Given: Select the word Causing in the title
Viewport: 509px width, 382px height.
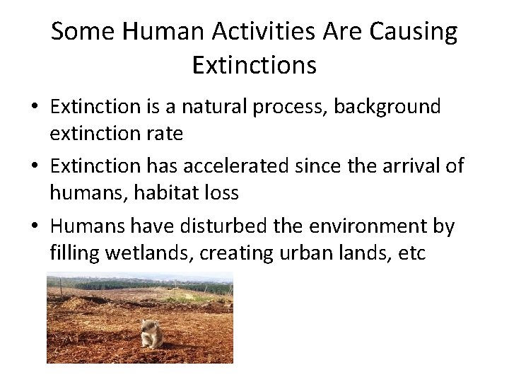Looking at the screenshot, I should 417,32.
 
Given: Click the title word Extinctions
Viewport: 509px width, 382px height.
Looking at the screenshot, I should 254,66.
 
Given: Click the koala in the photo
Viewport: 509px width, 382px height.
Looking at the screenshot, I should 151,333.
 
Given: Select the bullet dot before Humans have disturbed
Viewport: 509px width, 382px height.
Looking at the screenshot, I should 34,227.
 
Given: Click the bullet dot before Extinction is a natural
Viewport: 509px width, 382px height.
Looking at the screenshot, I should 34,108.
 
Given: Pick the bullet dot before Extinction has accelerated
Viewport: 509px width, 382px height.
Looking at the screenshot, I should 34,167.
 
